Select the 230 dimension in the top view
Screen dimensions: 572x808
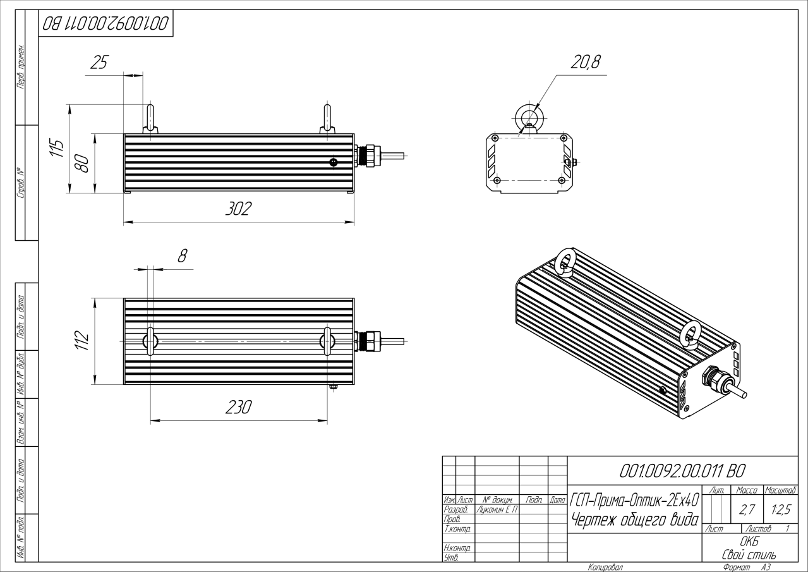pos(239,408)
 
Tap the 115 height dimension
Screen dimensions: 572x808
pos(57,149)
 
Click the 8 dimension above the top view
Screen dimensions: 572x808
pos(182,256)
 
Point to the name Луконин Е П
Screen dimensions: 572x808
pos(496,509)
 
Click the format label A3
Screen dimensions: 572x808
pos(766,567)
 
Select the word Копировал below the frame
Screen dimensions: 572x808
pos(605,567)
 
